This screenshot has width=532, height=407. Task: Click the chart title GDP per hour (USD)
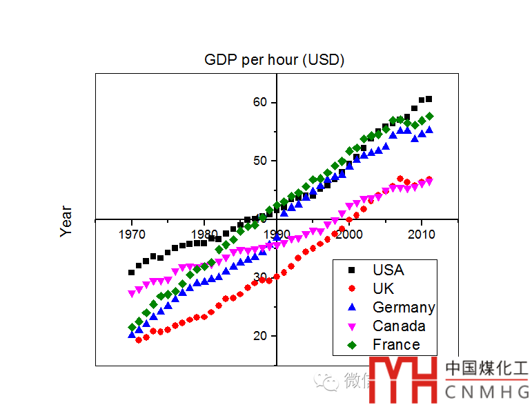point(274,59)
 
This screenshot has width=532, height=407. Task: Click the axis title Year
point(66,221)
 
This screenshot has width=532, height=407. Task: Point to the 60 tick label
point(259,102)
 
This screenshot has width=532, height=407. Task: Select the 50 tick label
point(259,161)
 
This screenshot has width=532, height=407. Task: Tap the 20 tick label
point(259,336)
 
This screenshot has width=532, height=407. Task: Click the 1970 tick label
point(131,234)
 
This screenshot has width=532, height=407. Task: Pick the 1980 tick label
point(204,234)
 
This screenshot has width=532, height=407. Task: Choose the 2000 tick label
point(349,234)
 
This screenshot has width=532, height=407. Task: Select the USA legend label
point(388,270)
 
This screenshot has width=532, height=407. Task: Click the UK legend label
point(383,288)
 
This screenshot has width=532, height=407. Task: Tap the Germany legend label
point(404,307)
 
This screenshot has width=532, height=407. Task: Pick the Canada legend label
point(399,326)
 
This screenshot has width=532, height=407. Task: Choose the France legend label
point(396,344)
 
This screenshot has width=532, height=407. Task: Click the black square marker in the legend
point(352,270)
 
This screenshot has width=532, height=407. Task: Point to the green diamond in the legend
point(352,344)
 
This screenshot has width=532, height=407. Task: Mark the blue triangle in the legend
point(352,307)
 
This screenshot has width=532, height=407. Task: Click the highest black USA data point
point(428,99)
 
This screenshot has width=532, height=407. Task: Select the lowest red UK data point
point(139,339)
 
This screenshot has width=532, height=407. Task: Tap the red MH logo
point(404,379)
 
